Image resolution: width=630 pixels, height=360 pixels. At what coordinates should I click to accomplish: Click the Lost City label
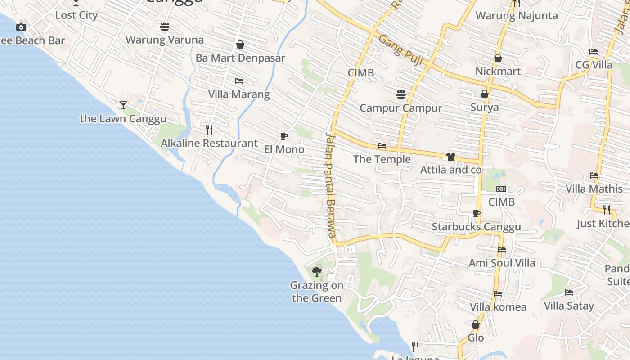tap(76, 15)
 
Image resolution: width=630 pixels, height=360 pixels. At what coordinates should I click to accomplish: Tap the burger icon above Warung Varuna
tap(165, 27)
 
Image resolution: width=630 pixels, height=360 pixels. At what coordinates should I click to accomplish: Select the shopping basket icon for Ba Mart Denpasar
tap(240, 45)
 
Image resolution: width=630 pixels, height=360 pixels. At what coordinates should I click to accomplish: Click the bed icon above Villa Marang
tap(239, 81)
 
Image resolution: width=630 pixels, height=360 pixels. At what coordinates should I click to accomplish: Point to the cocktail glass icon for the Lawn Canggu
tap(123, 105)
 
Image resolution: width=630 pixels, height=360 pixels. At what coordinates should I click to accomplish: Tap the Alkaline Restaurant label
tap(209, 143)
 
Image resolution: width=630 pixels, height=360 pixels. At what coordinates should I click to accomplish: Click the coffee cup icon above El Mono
tap(284, 136)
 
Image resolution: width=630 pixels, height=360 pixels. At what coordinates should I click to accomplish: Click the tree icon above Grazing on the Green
tap(317, 271)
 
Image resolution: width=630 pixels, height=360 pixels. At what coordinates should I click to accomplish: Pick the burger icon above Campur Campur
tap(401, 94)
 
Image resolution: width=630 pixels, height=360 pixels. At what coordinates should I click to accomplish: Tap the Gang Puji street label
tap(400, 50)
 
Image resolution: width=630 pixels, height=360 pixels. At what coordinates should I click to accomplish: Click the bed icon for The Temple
tap(382, 146)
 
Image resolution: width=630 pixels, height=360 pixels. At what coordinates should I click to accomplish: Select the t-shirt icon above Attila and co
tap(451, 157)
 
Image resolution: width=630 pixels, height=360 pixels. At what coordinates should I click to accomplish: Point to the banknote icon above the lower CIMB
tap(501, 189)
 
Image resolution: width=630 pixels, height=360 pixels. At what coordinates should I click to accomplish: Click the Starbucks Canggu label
tap(476, 227)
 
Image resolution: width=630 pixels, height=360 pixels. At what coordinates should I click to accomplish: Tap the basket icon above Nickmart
tap(498, 58)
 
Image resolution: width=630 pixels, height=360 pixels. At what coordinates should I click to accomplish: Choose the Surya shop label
tap(485, 107)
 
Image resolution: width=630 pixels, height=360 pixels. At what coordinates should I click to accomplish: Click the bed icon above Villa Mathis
tap(594, 175)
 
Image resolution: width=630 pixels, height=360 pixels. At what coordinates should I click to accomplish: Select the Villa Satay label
tap(569, 306)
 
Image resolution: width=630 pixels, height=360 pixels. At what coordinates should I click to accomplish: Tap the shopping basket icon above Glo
tap(476, 324)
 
